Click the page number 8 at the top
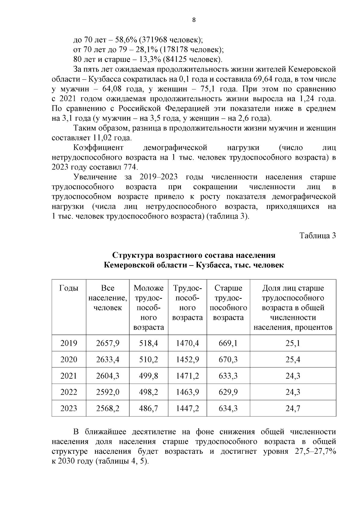194,20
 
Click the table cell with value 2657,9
108,343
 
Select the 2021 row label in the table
69,376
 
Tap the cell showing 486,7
148,408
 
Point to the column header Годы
69,288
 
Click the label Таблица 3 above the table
317,236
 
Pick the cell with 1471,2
187,376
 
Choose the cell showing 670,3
228,359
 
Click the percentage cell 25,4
293,359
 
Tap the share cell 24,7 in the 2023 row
293,408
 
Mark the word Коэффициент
99,148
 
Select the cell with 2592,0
108,392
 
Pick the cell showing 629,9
228,392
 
